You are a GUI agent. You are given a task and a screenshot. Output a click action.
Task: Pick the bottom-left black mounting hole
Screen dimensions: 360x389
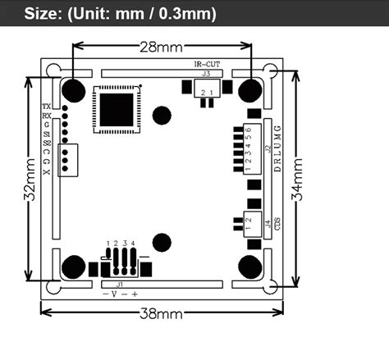click(74, 267)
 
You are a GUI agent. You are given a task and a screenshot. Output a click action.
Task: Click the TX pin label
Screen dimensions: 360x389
click(46, 107)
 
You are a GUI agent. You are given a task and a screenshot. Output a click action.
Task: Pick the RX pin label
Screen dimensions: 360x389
click(46, 116)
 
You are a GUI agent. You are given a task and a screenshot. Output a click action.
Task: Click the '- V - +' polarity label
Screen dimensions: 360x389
click(120, 294)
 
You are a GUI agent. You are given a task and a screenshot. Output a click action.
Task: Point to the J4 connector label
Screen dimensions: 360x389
click(268, 221)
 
